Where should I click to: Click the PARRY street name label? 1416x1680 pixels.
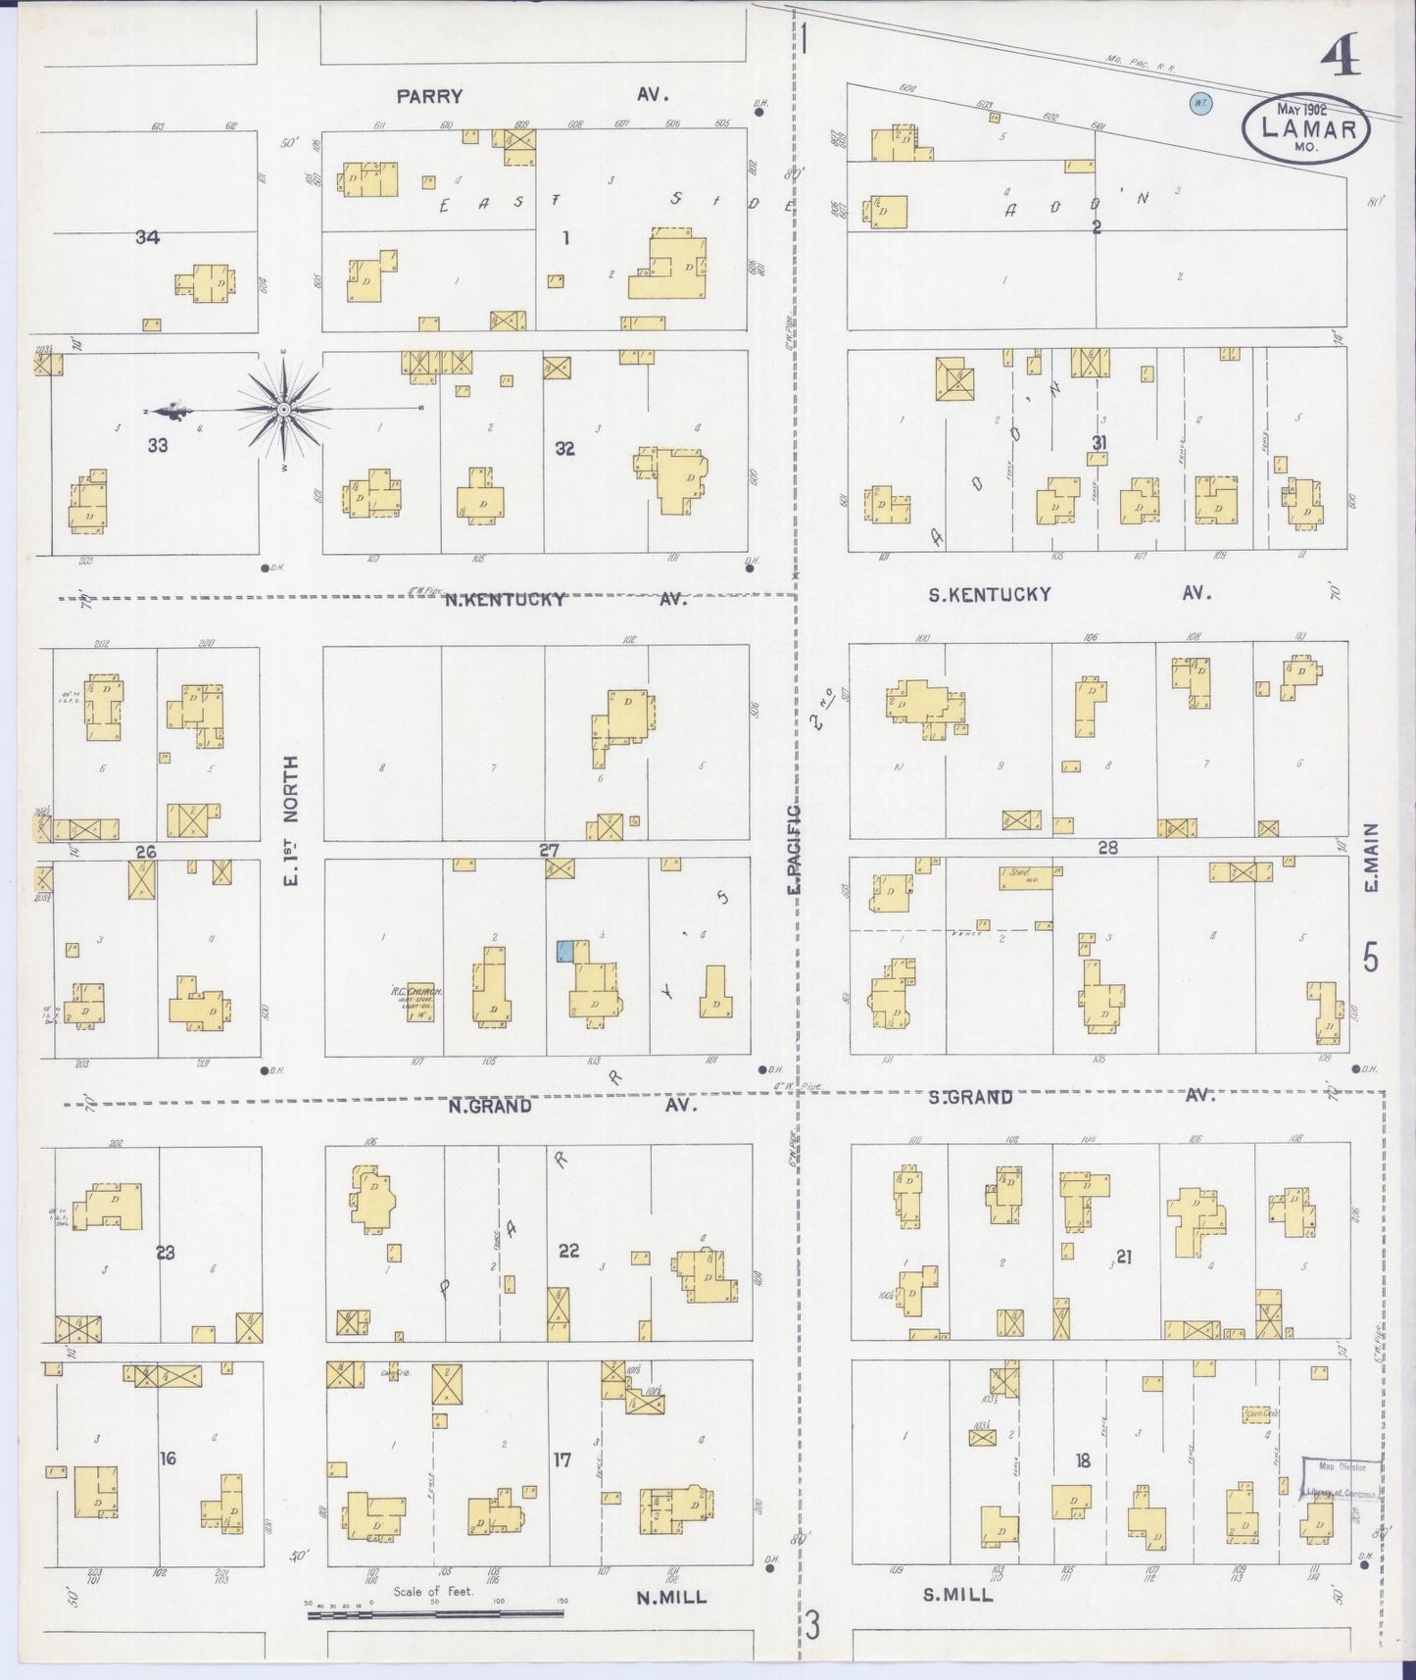[429, 96]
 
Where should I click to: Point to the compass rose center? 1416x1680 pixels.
[283, 408]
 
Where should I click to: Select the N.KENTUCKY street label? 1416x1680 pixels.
[505, 599]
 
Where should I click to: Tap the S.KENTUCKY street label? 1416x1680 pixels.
[990, 594]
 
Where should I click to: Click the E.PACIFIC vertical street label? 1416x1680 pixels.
[794, 848]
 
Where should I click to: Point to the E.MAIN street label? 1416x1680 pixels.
[1370, 857]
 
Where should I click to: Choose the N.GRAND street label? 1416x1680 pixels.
[490, 1106]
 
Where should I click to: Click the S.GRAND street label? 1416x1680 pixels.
[970, 1098]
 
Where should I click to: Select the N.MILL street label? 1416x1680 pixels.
[671, 1598]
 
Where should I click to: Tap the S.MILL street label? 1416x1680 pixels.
[957, 1595]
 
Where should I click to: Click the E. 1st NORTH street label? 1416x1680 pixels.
[290, 818]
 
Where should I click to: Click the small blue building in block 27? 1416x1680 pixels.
[565, 951]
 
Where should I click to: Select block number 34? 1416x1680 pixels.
[148, 237]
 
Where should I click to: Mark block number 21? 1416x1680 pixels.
[1123, 1257]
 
